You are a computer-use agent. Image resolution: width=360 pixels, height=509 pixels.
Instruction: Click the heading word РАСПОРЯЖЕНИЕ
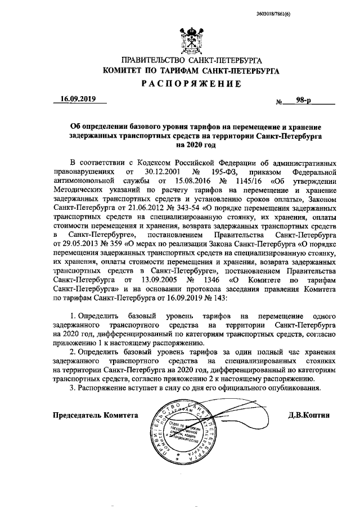coord(195,84)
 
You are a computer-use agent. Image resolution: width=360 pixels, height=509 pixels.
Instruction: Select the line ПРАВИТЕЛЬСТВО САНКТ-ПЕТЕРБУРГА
coord(195,61)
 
